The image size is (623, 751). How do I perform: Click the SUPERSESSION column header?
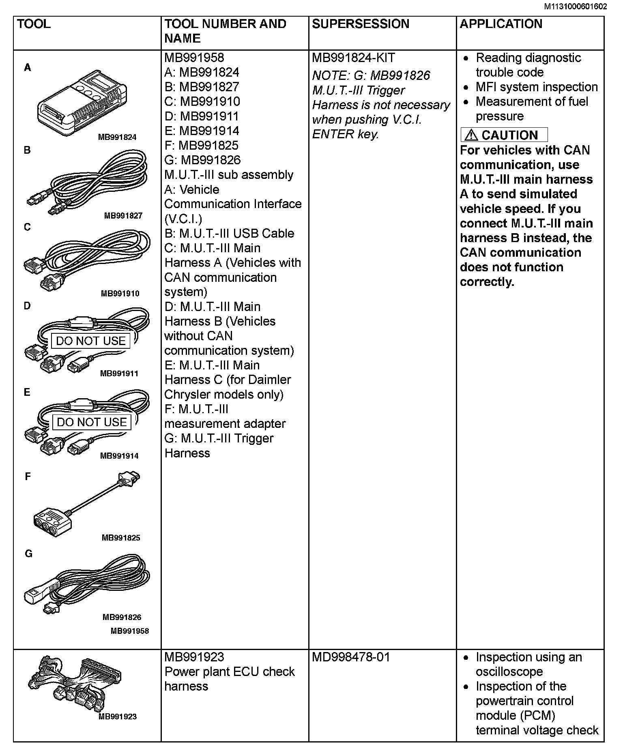[x=361, y=24]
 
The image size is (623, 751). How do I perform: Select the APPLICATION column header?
[x=501, y=24]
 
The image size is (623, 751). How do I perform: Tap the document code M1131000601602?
[x=576, y=6]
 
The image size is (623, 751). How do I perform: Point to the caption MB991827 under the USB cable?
[x=123, y=216]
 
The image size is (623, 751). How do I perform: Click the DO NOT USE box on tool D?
[x=91, y=341]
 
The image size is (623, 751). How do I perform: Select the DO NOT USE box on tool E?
[x=92, y=422]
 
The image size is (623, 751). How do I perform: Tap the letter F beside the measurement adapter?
[x=28, y=476]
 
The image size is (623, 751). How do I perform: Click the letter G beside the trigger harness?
[x=28, y=554]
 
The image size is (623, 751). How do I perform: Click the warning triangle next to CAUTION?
[x=471, y=135]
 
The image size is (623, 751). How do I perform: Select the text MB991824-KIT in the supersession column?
[x=353, y=58]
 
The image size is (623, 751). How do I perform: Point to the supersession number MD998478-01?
[x=351, y=657]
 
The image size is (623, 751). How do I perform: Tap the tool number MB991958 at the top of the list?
[x=194, y=58]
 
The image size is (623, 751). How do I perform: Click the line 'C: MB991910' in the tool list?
[x=202, y=102]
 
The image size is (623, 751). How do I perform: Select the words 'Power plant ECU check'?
[x=230, y=672]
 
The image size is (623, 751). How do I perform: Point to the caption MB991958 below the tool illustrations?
[x=130, y=631]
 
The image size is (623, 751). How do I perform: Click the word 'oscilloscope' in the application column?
[x=509, y=672]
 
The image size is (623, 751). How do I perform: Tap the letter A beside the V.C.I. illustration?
[x=28, y=68]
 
